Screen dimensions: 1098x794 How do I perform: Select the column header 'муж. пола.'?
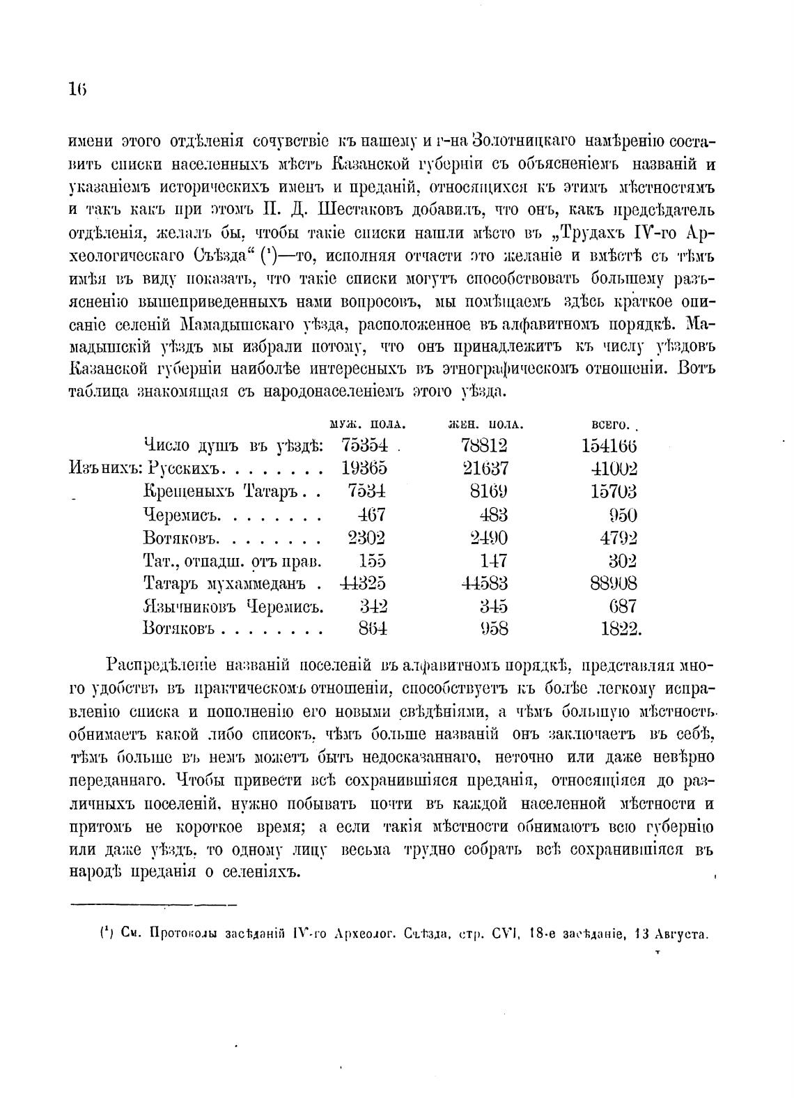pos(367,424)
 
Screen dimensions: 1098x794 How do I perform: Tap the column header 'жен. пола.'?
pos(485,424)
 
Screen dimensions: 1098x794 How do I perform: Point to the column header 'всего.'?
pos(611,424)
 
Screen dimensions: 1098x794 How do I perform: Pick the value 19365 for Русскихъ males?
pos(364,469)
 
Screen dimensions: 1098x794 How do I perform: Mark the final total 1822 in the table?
pos(620,629)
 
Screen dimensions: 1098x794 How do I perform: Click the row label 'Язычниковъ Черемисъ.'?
pos(233,606)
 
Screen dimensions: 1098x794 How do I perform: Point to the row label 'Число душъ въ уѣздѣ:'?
pos(233,446)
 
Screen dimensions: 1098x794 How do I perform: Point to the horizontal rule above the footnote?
pos(154,905)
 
